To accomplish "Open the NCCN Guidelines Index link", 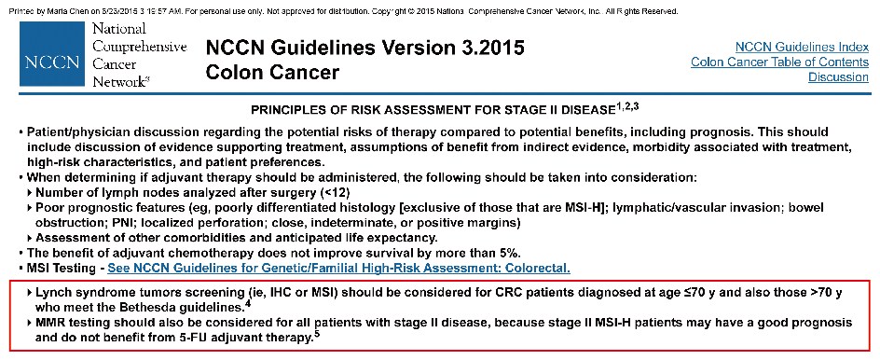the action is [802, 47].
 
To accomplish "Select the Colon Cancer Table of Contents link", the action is [780, 62].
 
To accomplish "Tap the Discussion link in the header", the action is [838, 76].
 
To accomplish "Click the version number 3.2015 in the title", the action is [488, 48].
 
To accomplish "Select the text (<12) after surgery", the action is [335, 193].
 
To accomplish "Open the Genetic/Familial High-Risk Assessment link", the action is [339, 269].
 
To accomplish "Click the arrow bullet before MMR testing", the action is [30, 324].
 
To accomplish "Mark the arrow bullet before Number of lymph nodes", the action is [30, 193].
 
